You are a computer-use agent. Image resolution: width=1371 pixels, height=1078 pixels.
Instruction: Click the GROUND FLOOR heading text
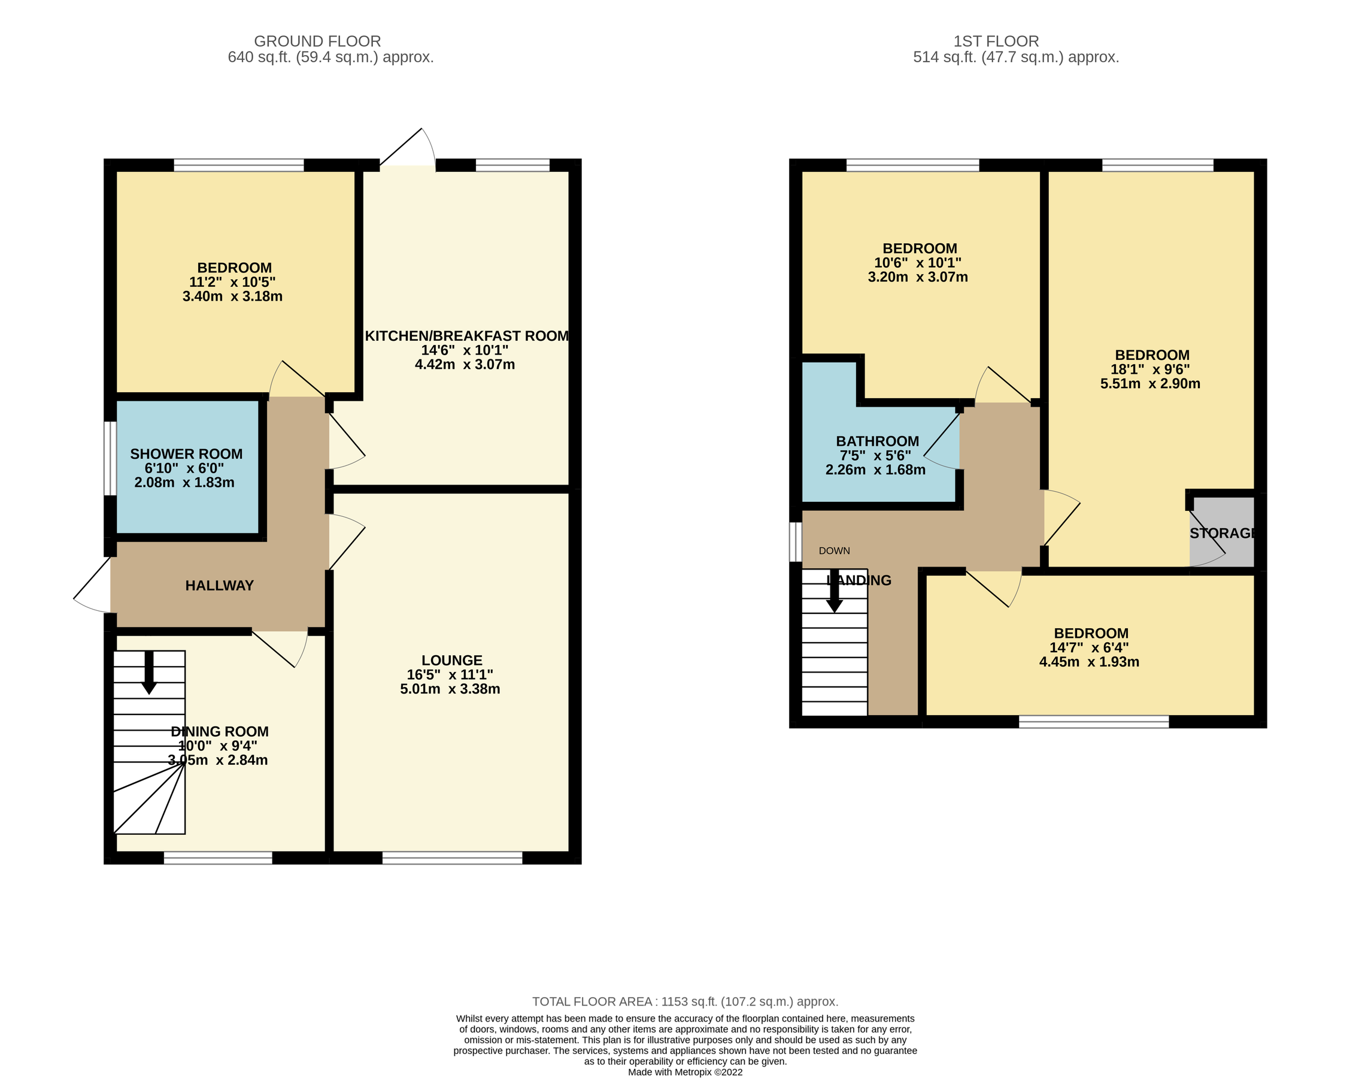pos(317,41)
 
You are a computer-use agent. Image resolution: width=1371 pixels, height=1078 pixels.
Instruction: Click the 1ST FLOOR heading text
pos(996,41)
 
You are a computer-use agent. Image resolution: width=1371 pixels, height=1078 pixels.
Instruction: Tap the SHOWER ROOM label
pos(186,454)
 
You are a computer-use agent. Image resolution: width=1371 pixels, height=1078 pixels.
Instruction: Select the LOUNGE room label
pos(452,660)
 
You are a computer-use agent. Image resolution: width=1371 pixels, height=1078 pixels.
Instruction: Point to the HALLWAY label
pos(220,586)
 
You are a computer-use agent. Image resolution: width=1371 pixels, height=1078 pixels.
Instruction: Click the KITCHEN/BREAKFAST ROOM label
pos(467,336)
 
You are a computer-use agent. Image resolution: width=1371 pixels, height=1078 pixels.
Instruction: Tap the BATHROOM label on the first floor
pos(877,441)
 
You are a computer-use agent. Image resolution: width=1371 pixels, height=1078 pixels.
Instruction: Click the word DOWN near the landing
pos(834,551)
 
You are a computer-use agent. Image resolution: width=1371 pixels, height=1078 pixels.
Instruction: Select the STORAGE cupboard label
pos(1222,534)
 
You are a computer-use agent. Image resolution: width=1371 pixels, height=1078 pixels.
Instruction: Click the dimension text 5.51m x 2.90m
pos(1149,384)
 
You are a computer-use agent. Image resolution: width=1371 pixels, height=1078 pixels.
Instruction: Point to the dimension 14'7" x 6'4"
pos(1089,647)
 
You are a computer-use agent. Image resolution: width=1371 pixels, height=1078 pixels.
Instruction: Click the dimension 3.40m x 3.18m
pos(232,296)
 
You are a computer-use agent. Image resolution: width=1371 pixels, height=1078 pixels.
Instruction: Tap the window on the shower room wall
pos(110,458)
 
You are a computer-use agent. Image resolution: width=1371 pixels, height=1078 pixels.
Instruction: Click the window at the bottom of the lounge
pos(452,857)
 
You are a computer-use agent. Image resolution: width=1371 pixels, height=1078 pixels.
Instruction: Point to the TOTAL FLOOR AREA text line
pos(684,1001)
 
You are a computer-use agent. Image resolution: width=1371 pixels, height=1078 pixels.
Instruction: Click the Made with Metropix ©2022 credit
pos(684,1071)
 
